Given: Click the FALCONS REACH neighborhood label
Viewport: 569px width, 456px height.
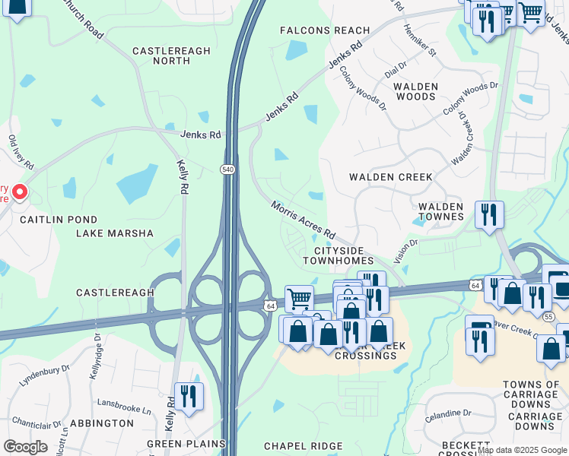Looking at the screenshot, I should [325, 30].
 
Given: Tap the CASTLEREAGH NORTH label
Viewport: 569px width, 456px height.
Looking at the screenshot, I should [171, 55].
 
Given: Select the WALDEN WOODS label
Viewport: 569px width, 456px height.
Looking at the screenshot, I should [416, 92].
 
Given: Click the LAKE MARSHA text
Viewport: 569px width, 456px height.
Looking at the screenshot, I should [115, 233].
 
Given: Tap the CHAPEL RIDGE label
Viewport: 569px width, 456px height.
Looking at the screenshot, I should [299, 446].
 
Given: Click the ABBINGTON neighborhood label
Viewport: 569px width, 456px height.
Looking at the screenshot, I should [102, 423].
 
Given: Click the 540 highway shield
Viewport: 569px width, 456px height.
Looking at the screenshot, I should [227, 169].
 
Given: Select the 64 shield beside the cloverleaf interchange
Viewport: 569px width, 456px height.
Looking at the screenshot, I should [269, 305].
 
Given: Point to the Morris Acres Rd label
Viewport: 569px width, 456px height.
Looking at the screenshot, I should [304, 218].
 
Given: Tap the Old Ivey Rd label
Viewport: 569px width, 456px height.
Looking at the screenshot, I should [21, 152].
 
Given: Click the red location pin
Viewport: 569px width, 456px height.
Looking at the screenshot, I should [20, 192].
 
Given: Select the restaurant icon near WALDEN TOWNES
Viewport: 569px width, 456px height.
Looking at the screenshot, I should [489, 214].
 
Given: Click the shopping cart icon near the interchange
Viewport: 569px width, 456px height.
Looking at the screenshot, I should [299, 298].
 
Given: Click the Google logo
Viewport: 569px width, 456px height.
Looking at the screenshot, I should [25, 447].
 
